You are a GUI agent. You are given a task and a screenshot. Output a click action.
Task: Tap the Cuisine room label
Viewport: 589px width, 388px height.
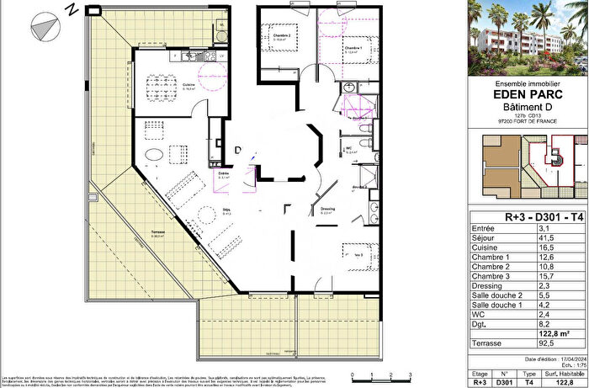[188, 85]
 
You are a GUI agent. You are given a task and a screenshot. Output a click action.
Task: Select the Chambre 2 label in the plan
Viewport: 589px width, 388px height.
[281, 36]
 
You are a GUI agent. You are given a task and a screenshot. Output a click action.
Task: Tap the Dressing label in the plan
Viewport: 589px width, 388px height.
[329, 210]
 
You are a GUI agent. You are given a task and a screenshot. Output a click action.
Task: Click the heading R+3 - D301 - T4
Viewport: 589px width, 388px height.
[524, 218]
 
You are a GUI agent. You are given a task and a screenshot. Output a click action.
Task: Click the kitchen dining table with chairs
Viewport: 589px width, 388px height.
[166, 84]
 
